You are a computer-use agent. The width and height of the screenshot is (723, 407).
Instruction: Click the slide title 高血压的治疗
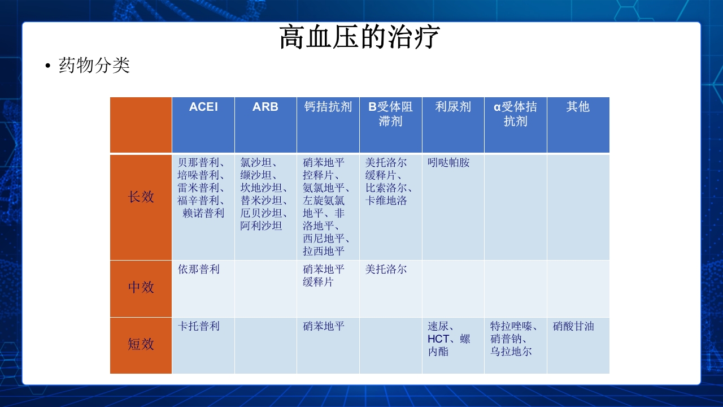(x=360, y=38)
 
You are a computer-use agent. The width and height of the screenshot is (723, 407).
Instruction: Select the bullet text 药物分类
(x=94, y=66)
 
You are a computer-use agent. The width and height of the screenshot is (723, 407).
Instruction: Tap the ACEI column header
(x=203, y=107)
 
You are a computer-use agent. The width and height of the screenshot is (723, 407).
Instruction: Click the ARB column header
(x=265, y=107)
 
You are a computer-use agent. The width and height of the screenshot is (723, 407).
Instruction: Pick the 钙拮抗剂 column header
(x=328, y=107)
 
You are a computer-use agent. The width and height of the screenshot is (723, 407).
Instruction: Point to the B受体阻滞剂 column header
(x=390, y=114)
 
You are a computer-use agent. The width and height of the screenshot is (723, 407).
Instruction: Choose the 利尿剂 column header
(x=453, y=107)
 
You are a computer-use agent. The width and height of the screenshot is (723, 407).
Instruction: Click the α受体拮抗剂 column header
(x=515, y=114)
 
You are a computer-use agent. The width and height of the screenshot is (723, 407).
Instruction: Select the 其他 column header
(x=578, y=107)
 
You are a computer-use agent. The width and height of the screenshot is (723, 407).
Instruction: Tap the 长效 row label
(x=141, y=197)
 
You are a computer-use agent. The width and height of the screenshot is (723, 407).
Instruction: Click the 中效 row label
(x=141, y=287)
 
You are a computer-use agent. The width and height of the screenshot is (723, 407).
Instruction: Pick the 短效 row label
(x=141, y=344)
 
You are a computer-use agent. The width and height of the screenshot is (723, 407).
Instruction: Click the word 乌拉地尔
(x=511, y=352)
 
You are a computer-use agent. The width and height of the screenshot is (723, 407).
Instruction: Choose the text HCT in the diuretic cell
(x=438, y=339)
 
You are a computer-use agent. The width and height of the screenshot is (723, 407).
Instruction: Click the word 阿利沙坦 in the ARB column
(x=261, y=226)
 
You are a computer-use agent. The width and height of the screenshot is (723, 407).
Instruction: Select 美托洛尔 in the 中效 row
(x=386, y=270)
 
